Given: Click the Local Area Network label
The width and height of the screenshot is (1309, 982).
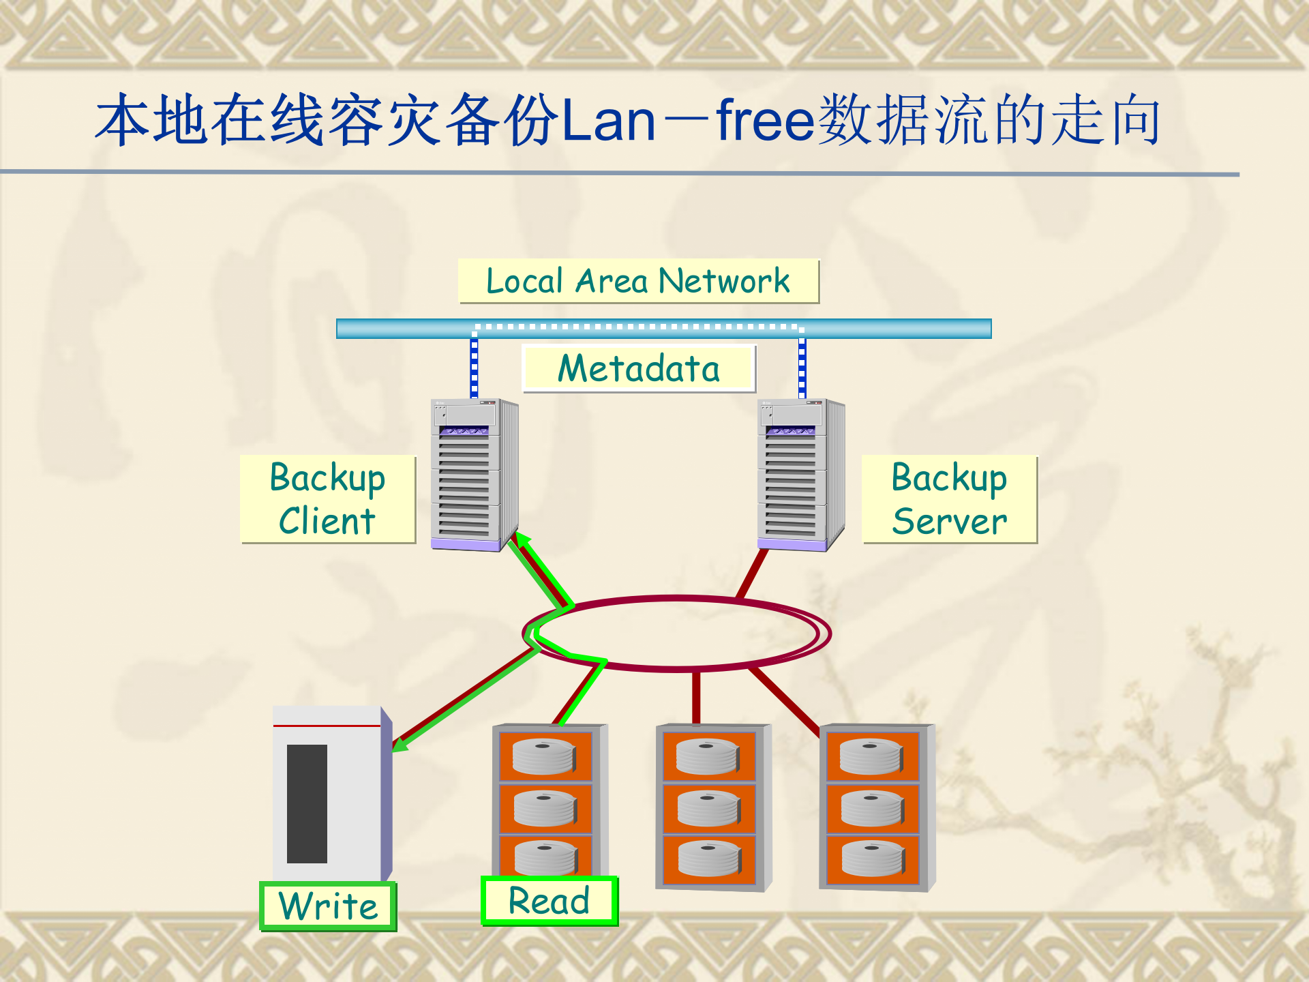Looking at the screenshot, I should tap(638, 281).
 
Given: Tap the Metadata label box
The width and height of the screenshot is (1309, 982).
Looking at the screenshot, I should tap(638, 368).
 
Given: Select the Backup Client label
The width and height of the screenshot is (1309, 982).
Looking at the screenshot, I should tap(328, 499).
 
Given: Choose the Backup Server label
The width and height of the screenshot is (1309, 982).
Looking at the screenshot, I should tap(949, 499).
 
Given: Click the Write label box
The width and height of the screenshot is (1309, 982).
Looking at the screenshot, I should tap(328, 906).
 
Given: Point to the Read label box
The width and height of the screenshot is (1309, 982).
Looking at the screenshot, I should tap(549, 901).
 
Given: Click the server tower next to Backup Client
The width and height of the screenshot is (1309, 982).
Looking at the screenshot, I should tap(473, 475).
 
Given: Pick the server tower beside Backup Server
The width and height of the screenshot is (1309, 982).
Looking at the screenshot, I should tap(800, 475).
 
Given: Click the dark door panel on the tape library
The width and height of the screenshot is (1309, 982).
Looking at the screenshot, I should tap(307, 803).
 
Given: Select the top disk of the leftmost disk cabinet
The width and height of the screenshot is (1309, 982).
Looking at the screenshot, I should tap(544, 756).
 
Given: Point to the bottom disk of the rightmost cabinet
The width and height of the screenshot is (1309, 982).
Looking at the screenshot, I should tap(873, 859).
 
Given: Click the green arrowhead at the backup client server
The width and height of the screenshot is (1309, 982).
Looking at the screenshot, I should tap(524, 541).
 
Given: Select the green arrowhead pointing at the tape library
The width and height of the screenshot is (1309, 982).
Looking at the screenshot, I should tap(400, 745).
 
